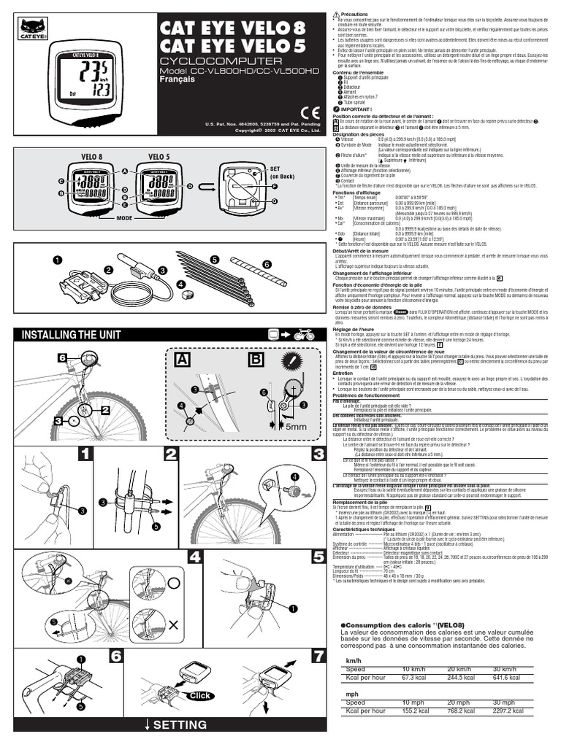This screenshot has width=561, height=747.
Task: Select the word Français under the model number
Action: pyautogui.click(x=177, y=80)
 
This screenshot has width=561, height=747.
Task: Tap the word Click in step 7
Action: pyautogui.click(x=198, y=696)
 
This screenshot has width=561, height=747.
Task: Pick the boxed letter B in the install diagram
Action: pyautogui.click(x=257, y=360)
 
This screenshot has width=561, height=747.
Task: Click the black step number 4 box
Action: pyautogui.click(x=194, y=558)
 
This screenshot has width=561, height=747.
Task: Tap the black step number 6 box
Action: pyautogui.click(x=115, y=656)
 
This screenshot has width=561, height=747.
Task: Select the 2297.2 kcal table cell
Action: pyautogui.click(x=507, y=709)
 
